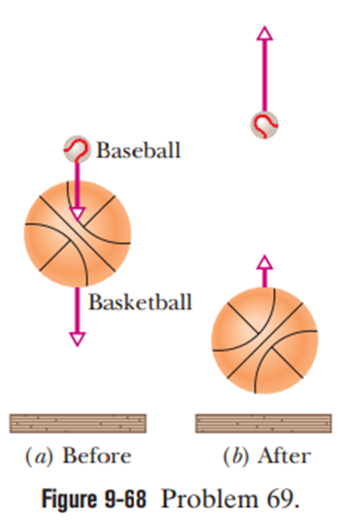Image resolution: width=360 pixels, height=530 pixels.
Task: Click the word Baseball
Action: tap(138, 150)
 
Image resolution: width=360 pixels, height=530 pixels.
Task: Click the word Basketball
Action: tap(140, 302)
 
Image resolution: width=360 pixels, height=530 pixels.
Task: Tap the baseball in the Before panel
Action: tap(77, 149)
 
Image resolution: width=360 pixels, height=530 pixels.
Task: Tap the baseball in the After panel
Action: tap(265, 124)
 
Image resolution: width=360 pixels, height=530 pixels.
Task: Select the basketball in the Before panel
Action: tap(77, 234)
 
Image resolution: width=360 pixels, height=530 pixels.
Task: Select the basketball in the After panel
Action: tap(265, 340)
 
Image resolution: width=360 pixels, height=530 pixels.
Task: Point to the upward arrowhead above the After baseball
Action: tap(265, 33)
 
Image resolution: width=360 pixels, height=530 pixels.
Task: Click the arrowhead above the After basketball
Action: tap(265, 262)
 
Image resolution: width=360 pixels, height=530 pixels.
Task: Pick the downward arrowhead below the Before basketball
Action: tap(77, 339)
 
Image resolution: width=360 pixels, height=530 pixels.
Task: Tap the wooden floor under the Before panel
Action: tap(78, 423)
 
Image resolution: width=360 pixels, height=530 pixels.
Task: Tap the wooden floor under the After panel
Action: tap(264, 423)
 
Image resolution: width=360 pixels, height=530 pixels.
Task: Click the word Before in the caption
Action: tap(97, 456)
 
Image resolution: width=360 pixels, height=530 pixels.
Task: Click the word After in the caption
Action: tap(284, 456)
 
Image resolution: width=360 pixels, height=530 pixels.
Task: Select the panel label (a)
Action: tap(39, 457)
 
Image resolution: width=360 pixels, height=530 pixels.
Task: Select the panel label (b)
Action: tap(236, 457)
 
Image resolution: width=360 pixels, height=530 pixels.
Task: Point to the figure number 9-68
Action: tap(126, 499)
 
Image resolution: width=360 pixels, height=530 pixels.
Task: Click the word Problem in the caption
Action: tap(209, 499)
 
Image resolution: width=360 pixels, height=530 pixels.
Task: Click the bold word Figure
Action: tap(70, 499)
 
